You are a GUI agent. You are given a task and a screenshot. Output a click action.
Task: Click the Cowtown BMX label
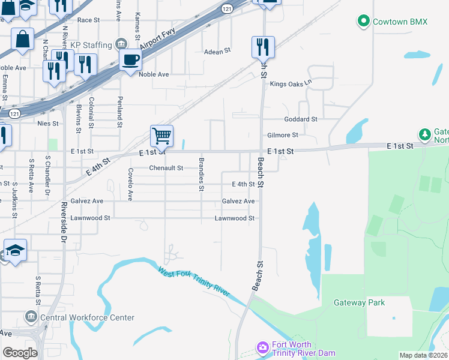tap(400, 22)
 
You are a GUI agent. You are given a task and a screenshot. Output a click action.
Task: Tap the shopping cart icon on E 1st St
tap(161, 136)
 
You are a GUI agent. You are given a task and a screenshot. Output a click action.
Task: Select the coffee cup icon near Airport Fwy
tap(130, 59)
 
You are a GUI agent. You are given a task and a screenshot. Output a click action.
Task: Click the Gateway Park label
tap(359, 302)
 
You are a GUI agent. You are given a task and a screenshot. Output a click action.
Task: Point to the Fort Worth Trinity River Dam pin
tap(262, 347)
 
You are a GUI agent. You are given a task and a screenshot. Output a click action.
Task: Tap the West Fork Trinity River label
tap(194, 281)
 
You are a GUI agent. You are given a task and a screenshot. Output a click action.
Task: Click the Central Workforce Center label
tap(87, 317)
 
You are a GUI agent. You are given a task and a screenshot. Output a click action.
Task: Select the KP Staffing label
tap(91, 45)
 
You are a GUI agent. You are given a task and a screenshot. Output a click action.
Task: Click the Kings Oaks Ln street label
tap(292, 84)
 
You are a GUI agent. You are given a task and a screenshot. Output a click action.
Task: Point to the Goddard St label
tap(301, 119)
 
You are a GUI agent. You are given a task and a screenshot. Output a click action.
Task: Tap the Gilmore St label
tap(283, 136)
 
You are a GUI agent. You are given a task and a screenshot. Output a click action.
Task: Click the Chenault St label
tap(166, 169)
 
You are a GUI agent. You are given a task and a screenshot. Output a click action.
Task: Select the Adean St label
tap(218, 52)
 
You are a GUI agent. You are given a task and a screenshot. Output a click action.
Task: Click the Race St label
tap(88, 20)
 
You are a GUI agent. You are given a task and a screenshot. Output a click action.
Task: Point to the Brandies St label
tap(202, 175)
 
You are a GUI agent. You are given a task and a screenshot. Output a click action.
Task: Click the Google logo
tap(20, 353)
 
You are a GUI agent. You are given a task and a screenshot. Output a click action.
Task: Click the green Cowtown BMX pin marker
tap(363, 22)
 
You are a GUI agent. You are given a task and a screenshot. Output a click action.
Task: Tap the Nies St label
tap(47, 124)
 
